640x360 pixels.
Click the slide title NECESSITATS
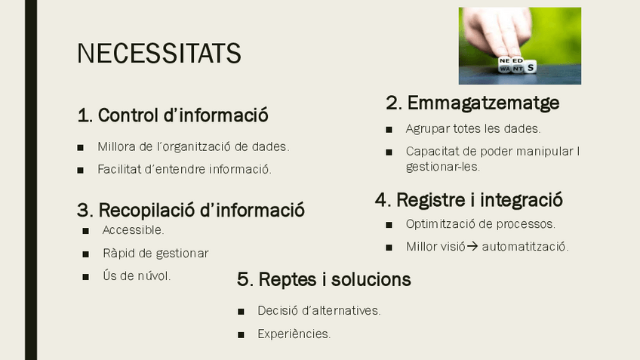[158, 53]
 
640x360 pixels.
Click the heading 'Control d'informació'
[173, 115]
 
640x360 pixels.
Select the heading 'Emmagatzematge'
[472, 103]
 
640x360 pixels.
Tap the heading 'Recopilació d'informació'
[191, 211]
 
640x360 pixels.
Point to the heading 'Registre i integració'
[469, 200]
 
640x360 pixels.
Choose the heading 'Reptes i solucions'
[324, 279]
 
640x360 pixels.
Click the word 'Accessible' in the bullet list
[133, 230]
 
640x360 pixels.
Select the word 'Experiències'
[294, 334]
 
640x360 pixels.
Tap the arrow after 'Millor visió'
[472, 247]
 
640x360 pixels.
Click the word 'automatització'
[525, 247]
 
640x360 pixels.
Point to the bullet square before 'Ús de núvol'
[85, 277]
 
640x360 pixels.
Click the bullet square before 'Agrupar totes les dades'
[389, 130]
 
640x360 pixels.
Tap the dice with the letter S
[530, 67]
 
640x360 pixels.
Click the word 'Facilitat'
[119, 169]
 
